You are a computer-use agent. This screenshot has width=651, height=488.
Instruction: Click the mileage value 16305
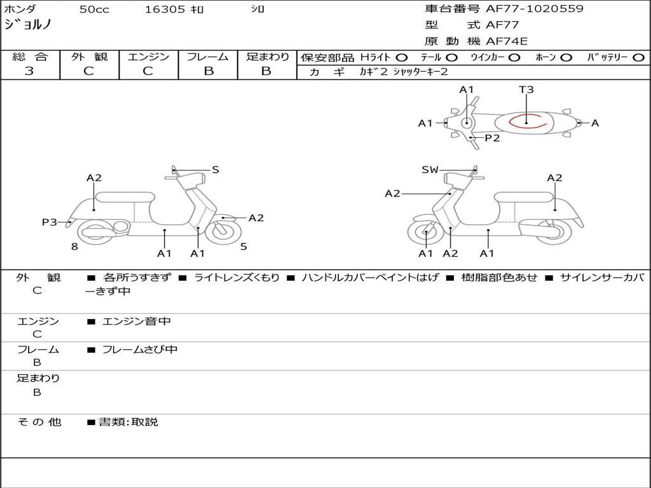point(165,10)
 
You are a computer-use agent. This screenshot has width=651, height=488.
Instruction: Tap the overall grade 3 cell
point(29,71)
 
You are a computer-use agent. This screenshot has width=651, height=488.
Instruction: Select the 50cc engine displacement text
point(94,10)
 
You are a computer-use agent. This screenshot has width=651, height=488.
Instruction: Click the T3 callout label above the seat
point(526,90)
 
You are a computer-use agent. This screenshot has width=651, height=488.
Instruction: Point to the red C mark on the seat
point(527,121)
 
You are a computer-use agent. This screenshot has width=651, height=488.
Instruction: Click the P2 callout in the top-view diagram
point(492,138)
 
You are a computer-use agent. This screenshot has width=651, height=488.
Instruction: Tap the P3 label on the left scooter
point(50,222)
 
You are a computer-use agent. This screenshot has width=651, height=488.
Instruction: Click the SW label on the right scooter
point(430,170)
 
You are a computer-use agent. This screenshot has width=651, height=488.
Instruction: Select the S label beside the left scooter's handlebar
point(216,170)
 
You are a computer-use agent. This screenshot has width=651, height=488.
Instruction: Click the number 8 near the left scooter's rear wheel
point(74,247)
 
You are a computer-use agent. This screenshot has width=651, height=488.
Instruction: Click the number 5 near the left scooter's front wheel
point(243,247)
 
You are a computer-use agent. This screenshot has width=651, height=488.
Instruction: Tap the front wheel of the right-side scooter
point(425,233)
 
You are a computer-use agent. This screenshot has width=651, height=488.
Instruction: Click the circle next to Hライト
point(402,57)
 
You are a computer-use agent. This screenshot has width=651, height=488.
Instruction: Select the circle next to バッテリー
point(638,57)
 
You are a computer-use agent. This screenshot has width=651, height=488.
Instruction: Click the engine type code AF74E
point(507,42)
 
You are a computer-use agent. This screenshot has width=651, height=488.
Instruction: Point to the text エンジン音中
point(137,322)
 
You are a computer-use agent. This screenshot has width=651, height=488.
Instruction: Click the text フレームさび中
point(140,349)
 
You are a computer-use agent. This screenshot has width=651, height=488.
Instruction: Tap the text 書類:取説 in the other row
point(128,422)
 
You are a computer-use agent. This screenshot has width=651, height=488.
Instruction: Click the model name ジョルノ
point(28,25)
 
